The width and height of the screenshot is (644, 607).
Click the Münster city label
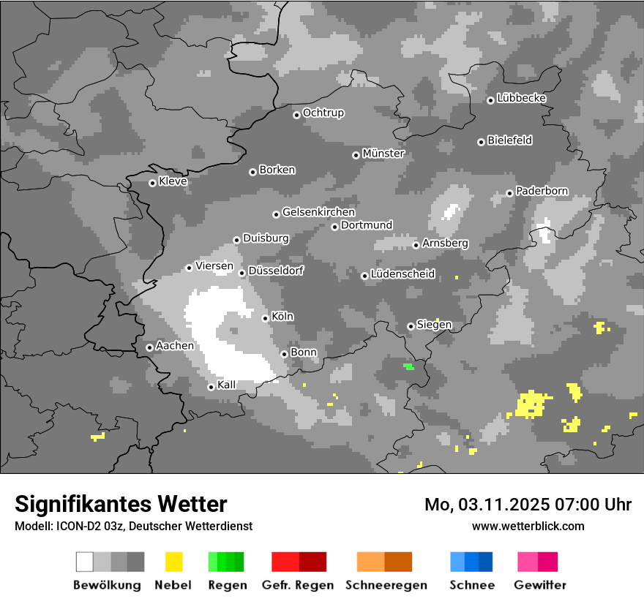coord(383,154)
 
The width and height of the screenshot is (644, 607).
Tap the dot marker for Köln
coord(265,317)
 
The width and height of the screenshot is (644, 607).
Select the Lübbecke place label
coord(521,98)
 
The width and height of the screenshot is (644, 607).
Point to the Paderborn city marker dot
coord(509,193)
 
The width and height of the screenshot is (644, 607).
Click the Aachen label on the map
coord(175,346)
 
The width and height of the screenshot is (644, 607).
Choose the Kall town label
coord(227,385)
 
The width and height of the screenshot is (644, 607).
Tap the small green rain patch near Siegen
coord(408,366)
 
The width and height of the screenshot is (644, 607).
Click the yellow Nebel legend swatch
coord(173,562)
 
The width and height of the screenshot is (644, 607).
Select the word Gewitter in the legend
coord(539,585)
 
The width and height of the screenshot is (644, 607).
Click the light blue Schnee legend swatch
coord(457,562)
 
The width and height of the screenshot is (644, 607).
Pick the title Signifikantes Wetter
coord(121,504)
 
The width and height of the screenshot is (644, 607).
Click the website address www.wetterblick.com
coord(528,526)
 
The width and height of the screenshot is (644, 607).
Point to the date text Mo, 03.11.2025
coord(486,505)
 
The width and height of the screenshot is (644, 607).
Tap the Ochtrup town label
coord(323,113)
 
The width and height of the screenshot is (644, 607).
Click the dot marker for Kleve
coord(152,183)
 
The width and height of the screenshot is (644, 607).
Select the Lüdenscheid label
coord(402,274)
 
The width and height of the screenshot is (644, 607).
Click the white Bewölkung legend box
coord(85,562)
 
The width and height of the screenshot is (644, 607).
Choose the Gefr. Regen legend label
coord(298,585)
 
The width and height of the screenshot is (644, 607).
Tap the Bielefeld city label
coord(509,140)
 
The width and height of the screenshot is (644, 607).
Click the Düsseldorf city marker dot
coord(241,273)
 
